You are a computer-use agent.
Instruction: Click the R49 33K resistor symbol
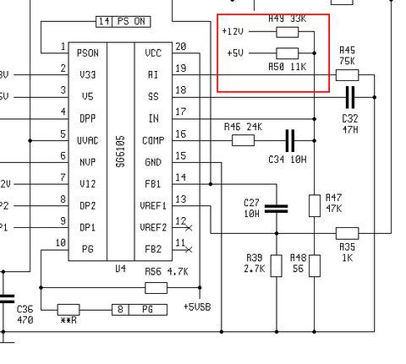[x=288, y=32]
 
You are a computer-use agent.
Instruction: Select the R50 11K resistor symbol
[x=288, y=53]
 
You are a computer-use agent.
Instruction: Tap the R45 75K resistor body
[x=347, y=75]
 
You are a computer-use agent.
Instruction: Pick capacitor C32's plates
[x=350, y=97]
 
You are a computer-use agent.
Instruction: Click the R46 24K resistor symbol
[x=243, y=140]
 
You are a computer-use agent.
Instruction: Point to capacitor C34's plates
[x=290, y=140]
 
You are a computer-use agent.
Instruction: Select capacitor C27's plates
[x=277, y=209]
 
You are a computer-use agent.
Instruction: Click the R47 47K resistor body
[x=315, y=205]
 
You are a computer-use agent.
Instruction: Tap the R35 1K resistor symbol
[x=347, y=233]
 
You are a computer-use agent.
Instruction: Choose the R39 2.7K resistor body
[x=277, y=266]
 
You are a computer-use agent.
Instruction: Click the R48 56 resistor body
[x=315, y=266]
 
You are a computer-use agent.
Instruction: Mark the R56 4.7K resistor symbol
[x=156, y=288]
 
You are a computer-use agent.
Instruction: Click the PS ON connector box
[x=123, y=22]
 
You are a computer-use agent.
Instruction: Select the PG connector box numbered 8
[x=140, y=310]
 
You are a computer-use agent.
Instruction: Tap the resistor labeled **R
[x=69, y=310]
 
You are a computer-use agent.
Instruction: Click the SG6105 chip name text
[x=121, y=151]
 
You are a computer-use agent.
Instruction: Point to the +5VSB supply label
[x=197, y=307]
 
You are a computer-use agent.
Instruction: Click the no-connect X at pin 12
[x=189, y=227]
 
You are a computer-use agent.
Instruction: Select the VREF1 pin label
[x=153, y=206]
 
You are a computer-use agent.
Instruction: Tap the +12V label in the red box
[x=233, y=31]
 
